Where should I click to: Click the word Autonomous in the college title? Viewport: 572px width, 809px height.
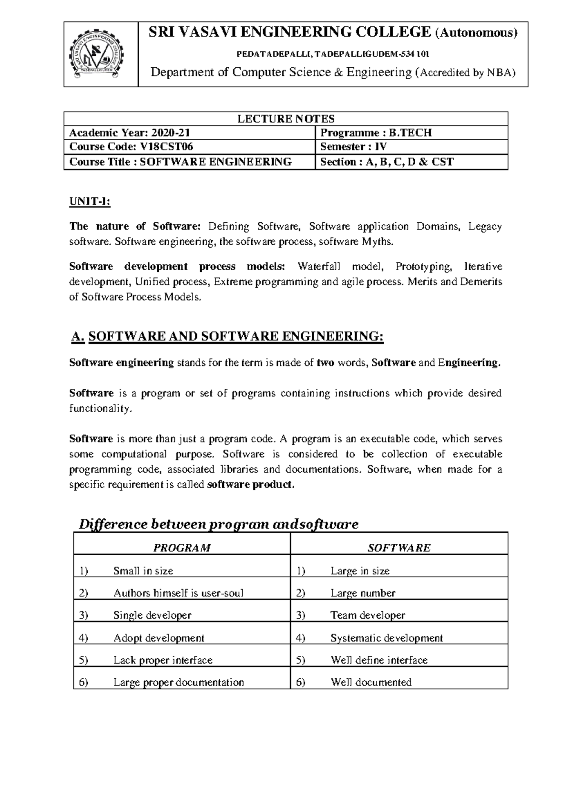[477, 33]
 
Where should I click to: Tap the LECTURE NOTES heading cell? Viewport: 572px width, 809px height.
[286, 119]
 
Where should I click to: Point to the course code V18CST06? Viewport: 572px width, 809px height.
[166, 147]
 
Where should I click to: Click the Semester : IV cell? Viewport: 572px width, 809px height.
[353, 147]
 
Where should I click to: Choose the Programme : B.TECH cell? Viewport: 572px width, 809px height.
[376, 133]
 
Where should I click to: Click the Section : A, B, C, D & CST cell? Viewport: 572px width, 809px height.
[387, 162]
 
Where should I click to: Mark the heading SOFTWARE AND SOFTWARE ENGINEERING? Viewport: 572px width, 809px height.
[236, 336]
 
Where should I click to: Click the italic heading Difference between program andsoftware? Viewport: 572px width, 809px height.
[218, 524]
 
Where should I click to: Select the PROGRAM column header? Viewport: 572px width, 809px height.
[182, 548]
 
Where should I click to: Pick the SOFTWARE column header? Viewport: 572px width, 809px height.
[399, 548]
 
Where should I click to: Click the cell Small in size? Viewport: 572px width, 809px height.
[143, 570]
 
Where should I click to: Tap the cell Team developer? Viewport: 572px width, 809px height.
[368, 615]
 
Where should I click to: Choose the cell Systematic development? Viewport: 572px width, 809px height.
[387, 638]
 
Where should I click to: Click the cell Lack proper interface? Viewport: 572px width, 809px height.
[163, 660]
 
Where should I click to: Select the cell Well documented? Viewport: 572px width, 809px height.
[371, 682]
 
